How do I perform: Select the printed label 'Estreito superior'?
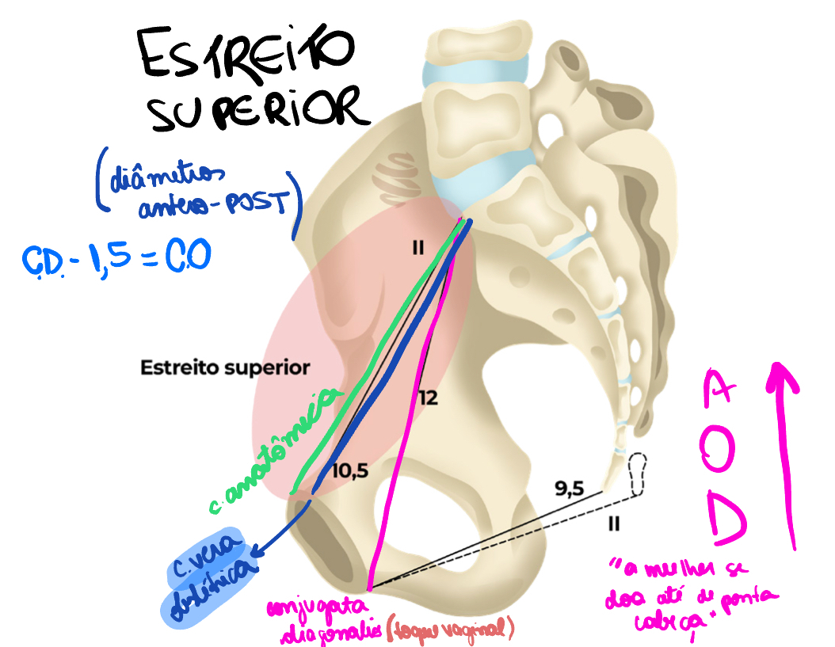224,368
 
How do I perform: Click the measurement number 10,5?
349,469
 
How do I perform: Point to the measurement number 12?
428,398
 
